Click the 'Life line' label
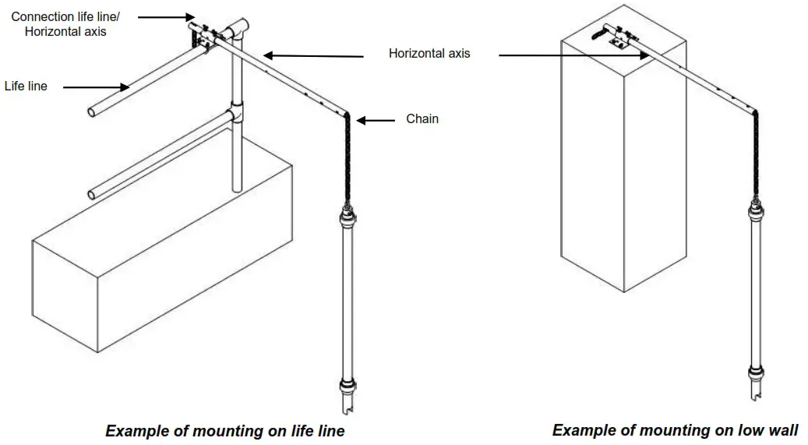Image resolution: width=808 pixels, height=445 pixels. coord(26,86)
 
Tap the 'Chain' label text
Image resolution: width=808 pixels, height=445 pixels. coord(422,118)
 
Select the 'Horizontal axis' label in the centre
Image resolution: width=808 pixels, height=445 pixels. coord(429,54)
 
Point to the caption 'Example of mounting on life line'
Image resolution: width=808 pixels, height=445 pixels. coord(224,430)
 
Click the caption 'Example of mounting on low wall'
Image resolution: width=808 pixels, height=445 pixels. coord(675,429)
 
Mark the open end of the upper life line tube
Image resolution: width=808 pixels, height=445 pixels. coord(93,112)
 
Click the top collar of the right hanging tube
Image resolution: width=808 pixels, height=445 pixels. coord(755,210)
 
